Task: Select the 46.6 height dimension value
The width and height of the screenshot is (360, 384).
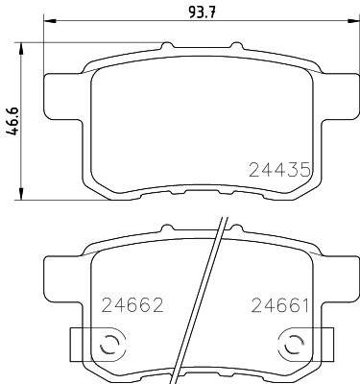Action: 13,120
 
